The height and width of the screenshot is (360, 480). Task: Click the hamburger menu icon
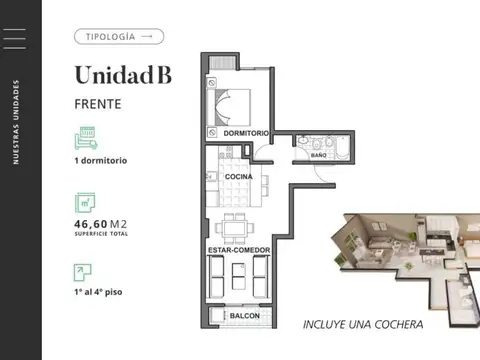[17, 39]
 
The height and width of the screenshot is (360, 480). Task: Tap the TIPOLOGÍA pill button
[118, 36]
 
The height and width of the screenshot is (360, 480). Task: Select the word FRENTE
[99, 102]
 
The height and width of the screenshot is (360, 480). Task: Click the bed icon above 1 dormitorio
[85, 137]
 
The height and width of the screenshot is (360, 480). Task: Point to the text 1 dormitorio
[100, 161]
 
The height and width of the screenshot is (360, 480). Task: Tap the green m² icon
[85, 203]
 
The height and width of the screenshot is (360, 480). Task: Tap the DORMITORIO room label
[246, 134]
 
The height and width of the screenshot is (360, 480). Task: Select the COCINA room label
[238, 176]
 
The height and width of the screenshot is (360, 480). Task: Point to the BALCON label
[245, 316]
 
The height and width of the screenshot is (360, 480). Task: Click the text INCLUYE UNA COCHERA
[363, 324]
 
